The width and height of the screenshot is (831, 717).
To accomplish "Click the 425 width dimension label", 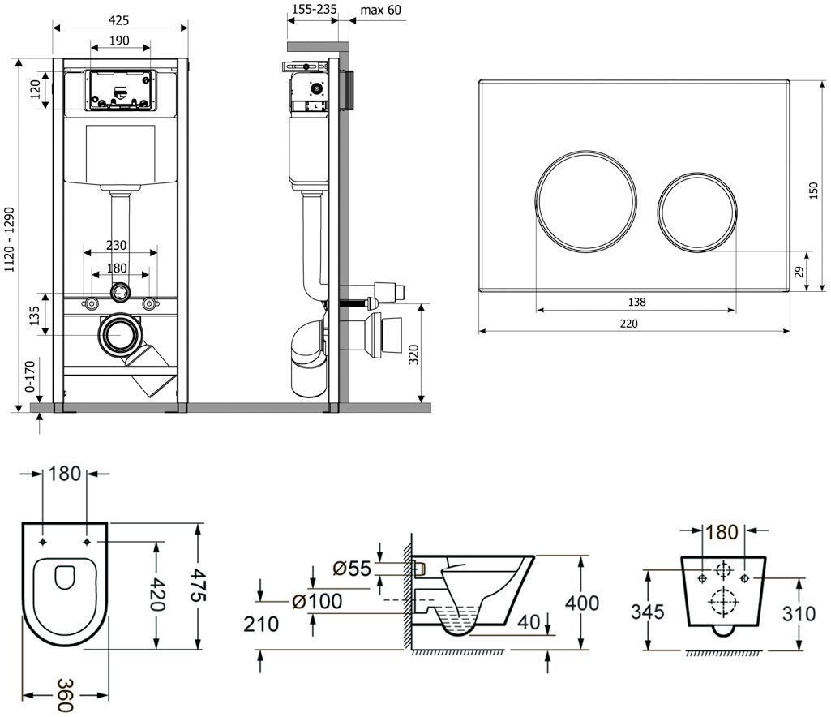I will [121, 19].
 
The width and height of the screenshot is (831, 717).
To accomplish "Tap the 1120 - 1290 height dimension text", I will [10, 239].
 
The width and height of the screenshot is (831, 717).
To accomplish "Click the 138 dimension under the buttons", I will [636, 302].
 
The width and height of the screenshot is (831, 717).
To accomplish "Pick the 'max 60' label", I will [380, 10].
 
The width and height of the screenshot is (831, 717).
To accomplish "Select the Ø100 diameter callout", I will [317, 601].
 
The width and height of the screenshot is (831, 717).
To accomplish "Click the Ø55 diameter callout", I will [353, 568].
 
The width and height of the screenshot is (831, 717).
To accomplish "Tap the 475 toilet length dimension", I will [199, 586].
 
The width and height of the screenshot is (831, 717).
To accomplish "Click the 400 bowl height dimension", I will [582, 603].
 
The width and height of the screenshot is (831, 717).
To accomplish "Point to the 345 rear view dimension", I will [648, 612].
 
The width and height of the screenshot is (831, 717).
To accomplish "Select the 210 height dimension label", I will [261, 624].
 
